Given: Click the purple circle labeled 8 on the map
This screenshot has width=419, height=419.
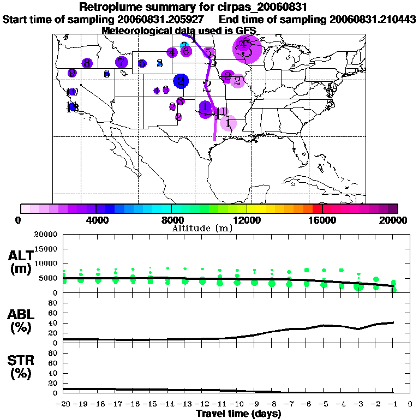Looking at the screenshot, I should coord(86,63).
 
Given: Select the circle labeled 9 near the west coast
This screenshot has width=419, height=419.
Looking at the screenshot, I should coord(72,73).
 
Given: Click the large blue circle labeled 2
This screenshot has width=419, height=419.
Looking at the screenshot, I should coord(181,81).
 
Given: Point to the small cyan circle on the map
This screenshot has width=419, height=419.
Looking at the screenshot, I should coord(184,44).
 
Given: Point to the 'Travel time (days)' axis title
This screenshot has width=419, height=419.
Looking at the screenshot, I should coord(238,414).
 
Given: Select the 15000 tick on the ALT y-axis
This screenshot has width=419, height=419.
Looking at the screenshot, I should coord(46,249).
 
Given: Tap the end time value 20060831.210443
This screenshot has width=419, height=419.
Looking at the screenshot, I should coord(373,19).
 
